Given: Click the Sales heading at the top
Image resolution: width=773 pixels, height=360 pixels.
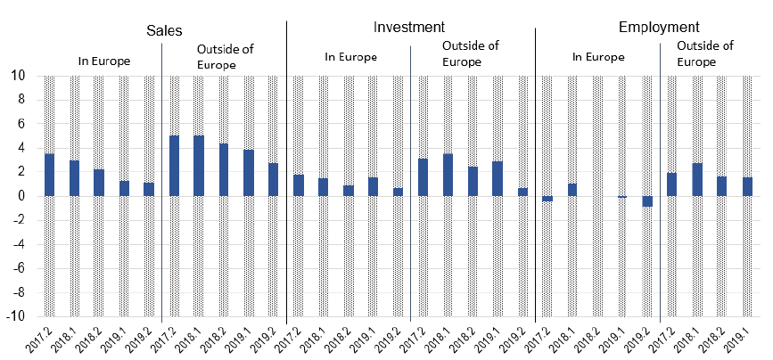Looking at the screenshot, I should point(165,29).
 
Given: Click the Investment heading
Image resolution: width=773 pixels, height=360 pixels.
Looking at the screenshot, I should point(409,27).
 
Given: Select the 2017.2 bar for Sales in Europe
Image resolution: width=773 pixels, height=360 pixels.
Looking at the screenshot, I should point(50,175).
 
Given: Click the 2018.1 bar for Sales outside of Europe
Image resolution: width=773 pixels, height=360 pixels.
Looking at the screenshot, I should point(199,166).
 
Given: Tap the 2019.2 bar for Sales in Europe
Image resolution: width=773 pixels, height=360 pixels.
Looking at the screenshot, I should point(149,189).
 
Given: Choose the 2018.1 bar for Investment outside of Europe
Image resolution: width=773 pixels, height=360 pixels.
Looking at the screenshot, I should point(448,175).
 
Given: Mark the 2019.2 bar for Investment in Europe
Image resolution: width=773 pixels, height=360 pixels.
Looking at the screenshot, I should point(398,192).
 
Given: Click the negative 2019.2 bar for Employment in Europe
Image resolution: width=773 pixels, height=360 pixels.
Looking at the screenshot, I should point(647,201).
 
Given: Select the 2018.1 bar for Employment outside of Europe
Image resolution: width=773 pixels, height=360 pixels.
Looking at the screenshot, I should point(697,179).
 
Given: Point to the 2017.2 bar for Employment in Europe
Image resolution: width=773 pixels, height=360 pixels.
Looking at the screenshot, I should point(547,199).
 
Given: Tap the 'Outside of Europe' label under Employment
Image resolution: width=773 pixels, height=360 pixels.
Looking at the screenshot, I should point(704,53).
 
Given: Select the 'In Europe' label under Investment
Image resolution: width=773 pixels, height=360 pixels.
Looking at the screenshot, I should point(350,57).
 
